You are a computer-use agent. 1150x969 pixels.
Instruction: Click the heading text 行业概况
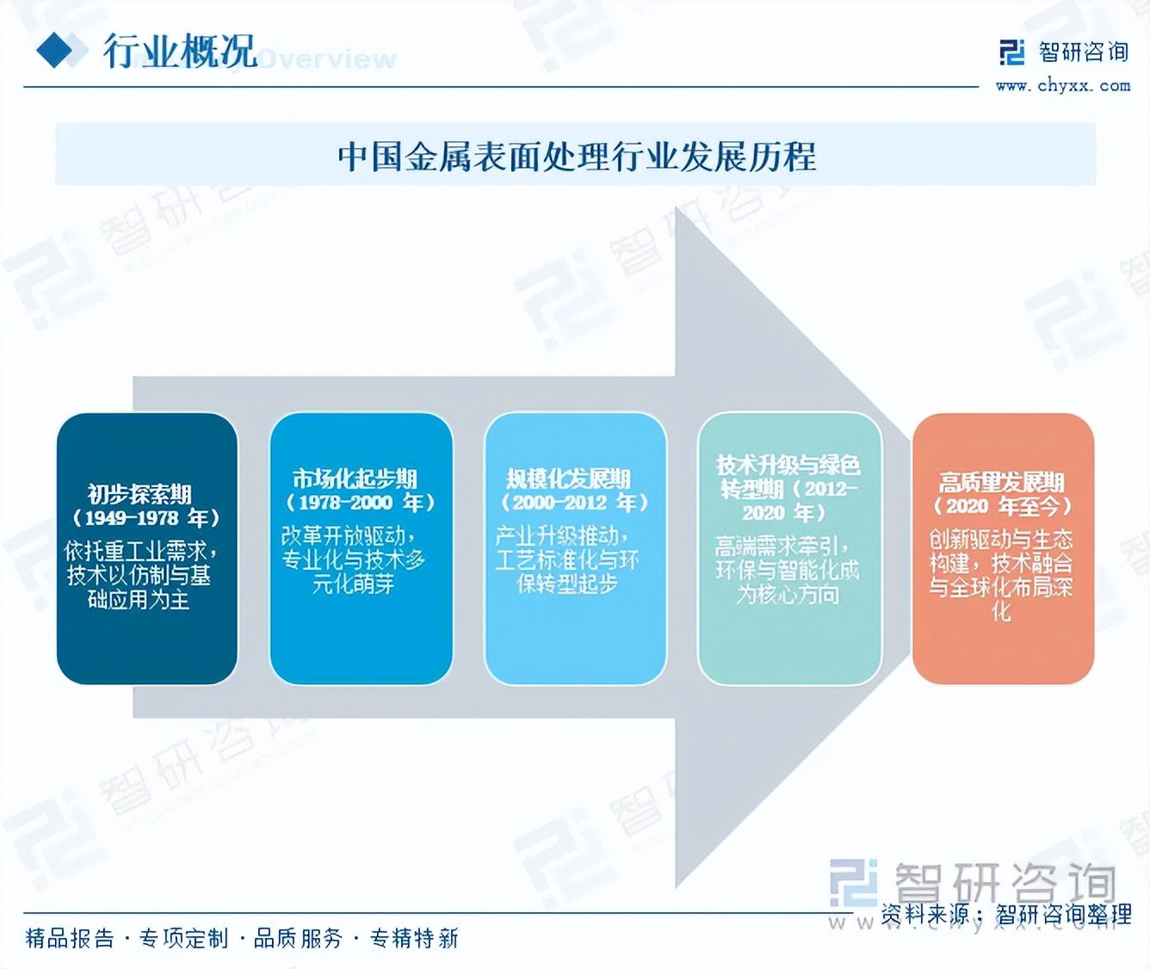click(x=180, y=52)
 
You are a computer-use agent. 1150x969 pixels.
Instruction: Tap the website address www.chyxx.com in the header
click(x=1062, y=85)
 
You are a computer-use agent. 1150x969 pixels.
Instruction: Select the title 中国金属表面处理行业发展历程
click(x=576, y=157)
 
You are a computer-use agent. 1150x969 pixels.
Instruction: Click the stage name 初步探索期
click(x=139, y=494)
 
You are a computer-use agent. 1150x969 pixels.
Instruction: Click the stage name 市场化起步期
click(x=354, y=478)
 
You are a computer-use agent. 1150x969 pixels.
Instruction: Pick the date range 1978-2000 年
click(x=362, y=503)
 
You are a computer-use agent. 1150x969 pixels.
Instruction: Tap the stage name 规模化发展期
click(x=568, y=478)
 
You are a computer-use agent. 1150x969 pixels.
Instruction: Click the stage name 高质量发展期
click(x=1001, y=482)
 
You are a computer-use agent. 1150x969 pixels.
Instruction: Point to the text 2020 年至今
click(x=1003, y=506)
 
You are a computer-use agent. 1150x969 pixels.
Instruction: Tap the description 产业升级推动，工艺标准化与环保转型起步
click(x=567, y=560)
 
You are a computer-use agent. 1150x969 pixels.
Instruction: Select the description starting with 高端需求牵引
click(x=787, y=570)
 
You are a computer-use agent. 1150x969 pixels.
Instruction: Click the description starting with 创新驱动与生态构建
click(x=1000, y=575)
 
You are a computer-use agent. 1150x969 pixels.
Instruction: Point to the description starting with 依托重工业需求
click(x=139, y=575)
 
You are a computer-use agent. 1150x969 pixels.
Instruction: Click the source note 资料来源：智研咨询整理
click(x=1005, y=914)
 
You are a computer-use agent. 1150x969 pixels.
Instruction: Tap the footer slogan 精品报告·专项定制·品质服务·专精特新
click(x=242, y=938)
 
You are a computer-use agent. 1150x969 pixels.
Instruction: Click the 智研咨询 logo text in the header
click(x=1083, y=52)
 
